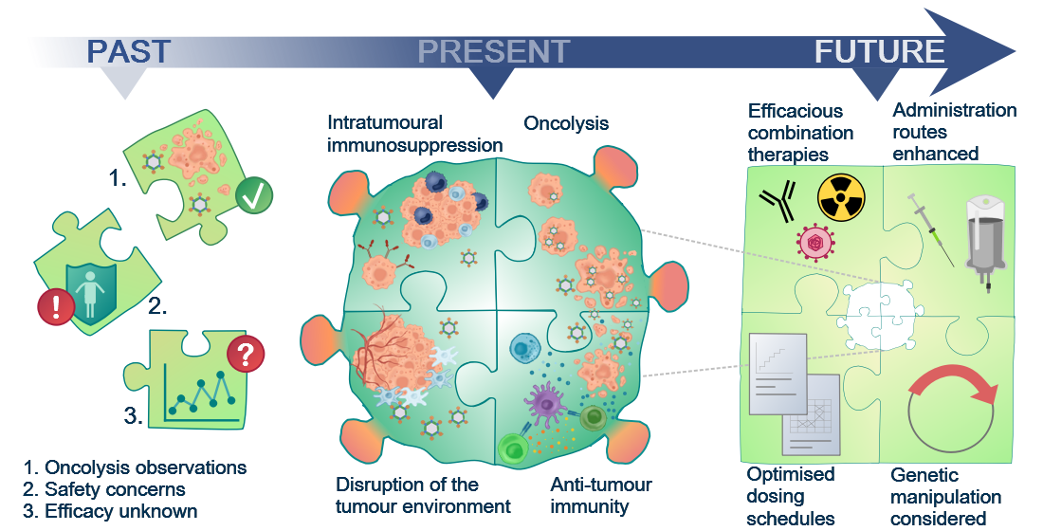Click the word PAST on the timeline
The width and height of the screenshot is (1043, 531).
click(x=129, y=52)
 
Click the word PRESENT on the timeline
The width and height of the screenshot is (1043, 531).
click(x=494, y=52)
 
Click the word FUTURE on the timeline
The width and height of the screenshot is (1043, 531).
click(x=879, y=52)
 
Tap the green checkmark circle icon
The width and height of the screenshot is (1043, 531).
click(x=253, y=195)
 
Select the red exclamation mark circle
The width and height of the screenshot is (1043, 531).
click(x=56, y=307)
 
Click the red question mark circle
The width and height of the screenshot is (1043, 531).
click(x=246, y=354)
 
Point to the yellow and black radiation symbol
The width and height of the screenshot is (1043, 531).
click(x=841, y=197)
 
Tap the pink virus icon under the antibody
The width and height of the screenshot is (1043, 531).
click(x=814, y=242)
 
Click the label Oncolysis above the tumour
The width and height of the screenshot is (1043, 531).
click(x=566, y=123)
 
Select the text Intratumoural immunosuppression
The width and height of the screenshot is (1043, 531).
click(x=414, y=134)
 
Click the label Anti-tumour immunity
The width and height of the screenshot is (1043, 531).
click(x=601, y=495)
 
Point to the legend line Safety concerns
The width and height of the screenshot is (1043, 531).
click(x=103, y=489)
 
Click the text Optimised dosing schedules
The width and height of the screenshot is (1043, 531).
click(x=790, y=496)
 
